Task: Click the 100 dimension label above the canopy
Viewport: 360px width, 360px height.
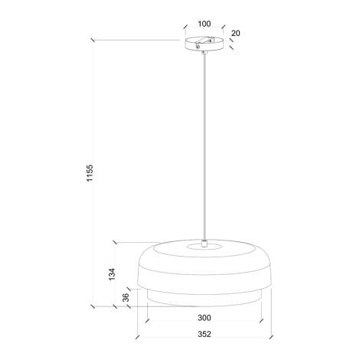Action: tap(203, 23)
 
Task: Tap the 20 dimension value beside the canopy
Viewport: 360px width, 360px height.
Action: tap(235, 33)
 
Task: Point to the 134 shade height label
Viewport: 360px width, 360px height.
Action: tap(113, 273)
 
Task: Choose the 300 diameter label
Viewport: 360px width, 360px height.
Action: tap(204, 317)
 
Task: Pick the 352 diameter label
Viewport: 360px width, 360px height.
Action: tap(204, 335)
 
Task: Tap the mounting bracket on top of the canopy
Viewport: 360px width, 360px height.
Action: tap(204, 37)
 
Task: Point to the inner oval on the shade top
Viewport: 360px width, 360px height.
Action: tap(204, 247)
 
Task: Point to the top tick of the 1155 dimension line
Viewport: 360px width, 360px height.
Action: tap(93, 40)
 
